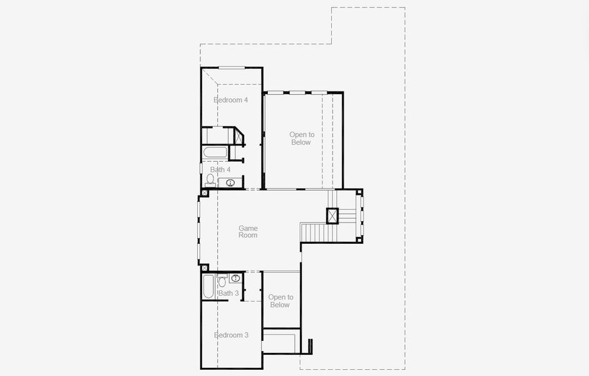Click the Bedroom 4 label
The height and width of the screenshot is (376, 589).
(x=231, y=100)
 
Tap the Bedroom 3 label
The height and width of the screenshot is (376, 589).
(x=231, y=335)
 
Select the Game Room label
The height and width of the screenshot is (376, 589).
(x=248, y=232)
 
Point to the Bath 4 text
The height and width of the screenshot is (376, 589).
(x=220, y=170)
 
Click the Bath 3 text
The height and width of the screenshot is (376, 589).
(x=228, y=293)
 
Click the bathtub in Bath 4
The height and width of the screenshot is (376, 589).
(x=215, y=152)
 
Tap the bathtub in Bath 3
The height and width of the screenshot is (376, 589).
(x=208, y=287)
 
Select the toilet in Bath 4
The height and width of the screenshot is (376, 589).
(x=210, y=180)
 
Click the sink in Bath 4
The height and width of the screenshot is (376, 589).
(x=230, y=183)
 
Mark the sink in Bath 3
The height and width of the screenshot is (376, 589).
(x=236, y=278)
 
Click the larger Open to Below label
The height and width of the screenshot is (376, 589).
(x=302, y=138)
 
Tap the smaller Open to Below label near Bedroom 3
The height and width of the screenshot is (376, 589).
(x=280, y=301)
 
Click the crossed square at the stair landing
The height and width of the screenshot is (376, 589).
(x=332, y=215)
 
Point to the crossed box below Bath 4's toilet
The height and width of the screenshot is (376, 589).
(x=205, y=193)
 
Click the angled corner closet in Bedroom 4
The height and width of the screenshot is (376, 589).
(x=239, y=136)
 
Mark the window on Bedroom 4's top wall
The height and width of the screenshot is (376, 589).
(x=231, y=68)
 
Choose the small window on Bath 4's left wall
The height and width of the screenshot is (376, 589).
(x=201, y=169)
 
